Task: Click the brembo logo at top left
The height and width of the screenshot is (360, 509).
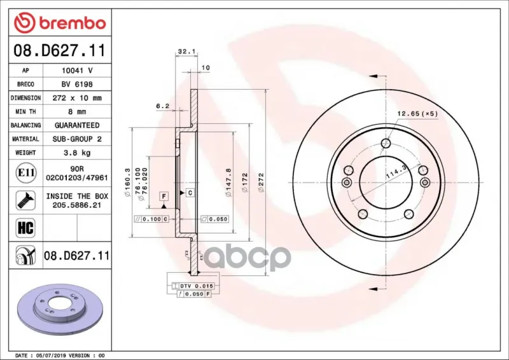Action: click(60, 23)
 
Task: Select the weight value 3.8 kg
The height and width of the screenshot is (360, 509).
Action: click(77, 153)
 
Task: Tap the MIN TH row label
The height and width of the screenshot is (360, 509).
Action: click(25, 112)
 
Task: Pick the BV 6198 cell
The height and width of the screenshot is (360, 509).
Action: click(77, 85)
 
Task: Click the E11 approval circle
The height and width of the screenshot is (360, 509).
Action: click(25, 173)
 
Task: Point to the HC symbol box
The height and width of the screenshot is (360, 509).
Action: click(25, 228)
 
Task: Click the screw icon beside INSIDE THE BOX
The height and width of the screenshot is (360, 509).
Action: click(25, 200)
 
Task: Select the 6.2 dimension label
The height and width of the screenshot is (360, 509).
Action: click(163, 106)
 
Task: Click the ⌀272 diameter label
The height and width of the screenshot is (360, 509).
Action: click(261, 182)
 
